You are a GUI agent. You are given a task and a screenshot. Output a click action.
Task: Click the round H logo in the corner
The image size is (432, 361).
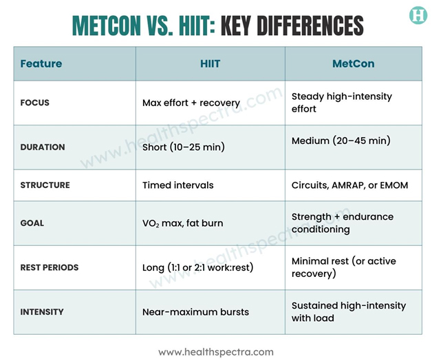(x=418, y=16)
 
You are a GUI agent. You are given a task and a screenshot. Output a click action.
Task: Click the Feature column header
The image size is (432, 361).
(x=41, y=64)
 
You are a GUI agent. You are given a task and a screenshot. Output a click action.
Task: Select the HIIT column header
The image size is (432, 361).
(x=210, y=64)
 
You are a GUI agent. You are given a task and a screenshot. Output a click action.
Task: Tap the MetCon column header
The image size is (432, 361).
(x=353, y=64)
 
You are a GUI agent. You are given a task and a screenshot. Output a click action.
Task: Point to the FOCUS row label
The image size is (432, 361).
(x=35, y=103)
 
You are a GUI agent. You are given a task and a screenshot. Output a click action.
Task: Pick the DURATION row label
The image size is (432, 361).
(x=43, y=147)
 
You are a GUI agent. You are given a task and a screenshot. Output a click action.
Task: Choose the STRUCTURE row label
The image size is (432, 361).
(x=45, y=185)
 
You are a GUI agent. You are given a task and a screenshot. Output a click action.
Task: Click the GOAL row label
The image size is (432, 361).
(x=32, y=223)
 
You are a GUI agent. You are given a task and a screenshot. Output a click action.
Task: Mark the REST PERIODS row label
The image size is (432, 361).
(x=50, y=267)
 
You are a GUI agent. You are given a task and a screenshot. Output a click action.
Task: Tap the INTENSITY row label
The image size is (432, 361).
(x=42, y=311)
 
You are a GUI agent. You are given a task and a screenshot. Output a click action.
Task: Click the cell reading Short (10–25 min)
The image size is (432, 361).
(x=184, y=147)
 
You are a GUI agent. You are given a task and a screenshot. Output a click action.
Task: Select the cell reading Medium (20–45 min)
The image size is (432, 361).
(x=341, y=141)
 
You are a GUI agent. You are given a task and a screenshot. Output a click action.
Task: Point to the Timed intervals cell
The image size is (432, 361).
(x=177, y=185)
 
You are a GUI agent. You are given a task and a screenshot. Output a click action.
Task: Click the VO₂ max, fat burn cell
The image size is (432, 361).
(x=182, y=223)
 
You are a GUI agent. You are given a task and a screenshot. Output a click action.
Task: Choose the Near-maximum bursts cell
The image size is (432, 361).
(x=195, y=312)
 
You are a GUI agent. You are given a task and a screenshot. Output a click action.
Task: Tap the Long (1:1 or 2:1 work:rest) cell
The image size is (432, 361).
(x=197, y=267)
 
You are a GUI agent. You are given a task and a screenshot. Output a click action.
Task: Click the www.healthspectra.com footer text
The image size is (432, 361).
(x=216, y=351)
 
